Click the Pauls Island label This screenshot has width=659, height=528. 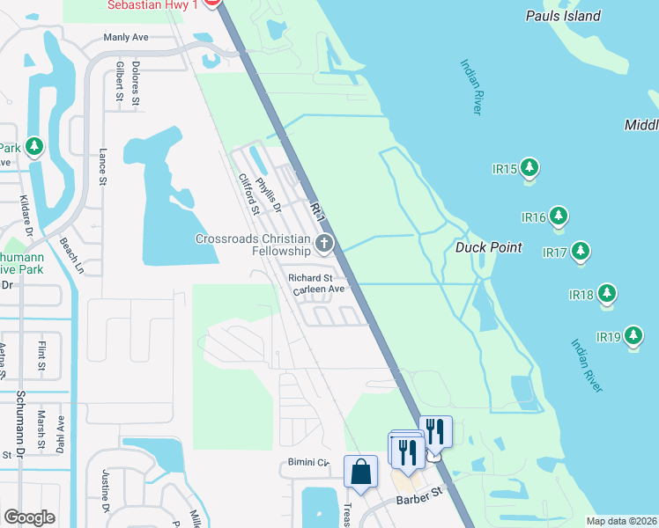(563, 16)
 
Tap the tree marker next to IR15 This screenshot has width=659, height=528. (529, 166)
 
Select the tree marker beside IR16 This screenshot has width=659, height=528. (558, 216)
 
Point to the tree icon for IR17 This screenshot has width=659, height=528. (580, 252)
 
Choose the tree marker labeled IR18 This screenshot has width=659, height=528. (606, 293)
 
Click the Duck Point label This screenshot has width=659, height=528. (489, 247)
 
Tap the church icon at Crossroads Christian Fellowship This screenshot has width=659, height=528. (324, 243)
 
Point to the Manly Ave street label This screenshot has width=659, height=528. (125, 37)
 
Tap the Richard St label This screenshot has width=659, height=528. (309, 278)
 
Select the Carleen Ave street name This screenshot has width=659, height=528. (318, 289)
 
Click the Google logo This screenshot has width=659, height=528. (29, 517)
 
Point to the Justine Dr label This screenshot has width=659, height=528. (104, 494)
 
